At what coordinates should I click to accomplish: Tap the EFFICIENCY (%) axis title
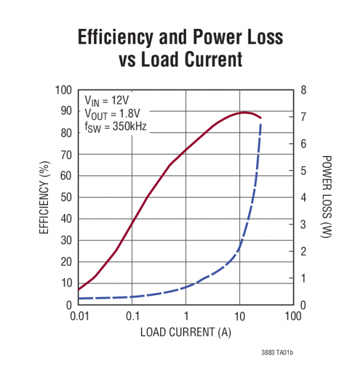point(44,198)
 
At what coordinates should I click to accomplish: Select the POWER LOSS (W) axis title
point(326,198)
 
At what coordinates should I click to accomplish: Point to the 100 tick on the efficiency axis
point(64,90)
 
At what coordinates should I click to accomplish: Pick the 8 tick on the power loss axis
point(304,90)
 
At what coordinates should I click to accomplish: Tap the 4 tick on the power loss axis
point(304,197)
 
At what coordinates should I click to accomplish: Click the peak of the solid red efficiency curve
point(245,112)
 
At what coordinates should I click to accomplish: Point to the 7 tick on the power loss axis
point(304,117)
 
